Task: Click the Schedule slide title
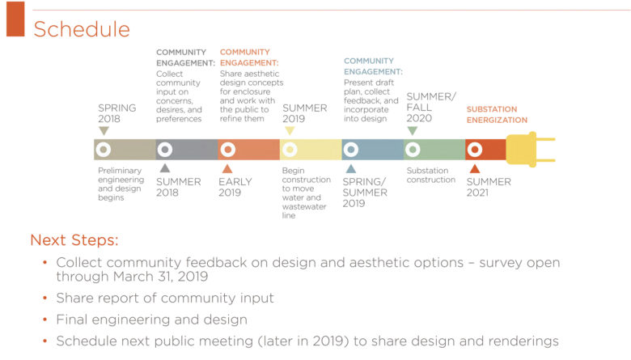point(82,29)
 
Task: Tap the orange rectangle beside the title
point(15,19)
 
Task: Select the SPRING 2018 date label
point(117,113)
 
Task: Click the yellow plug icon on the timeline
point(531,149)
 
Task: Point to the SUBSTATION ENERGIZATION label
point(497,115)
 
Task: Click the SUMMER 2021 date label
point(489,187)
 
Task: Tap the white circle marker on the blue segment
point(351,150)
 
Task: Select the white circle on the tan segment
point(104,150)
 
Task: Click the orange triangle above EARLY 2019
point(227,168)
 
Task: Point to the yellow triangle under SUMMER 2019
point(290,131)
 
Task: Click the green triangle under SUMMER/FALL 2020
point(413,131)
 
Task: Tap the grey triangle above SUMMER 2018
point(165,168)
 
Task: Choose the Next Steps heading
point(74,239)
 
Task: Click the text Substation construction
point(431,175)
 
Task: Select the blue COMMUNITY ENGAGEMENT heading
point(373,66)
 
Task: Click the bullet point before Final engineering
point(45,320)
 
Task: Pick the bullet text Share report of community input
point(165,298)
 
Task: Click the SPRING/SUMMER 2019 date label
point(365,193)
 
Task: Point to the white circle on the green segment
point(413,150)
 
